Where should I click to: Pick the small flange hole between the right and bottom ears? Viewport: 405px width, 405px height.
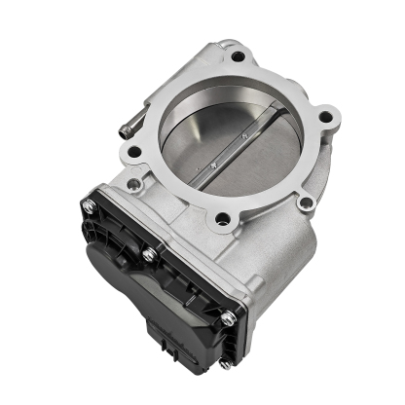(x=306, y=202)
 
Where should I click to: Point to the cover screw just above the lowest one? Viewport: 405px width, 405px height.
(x=226, y=316)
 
